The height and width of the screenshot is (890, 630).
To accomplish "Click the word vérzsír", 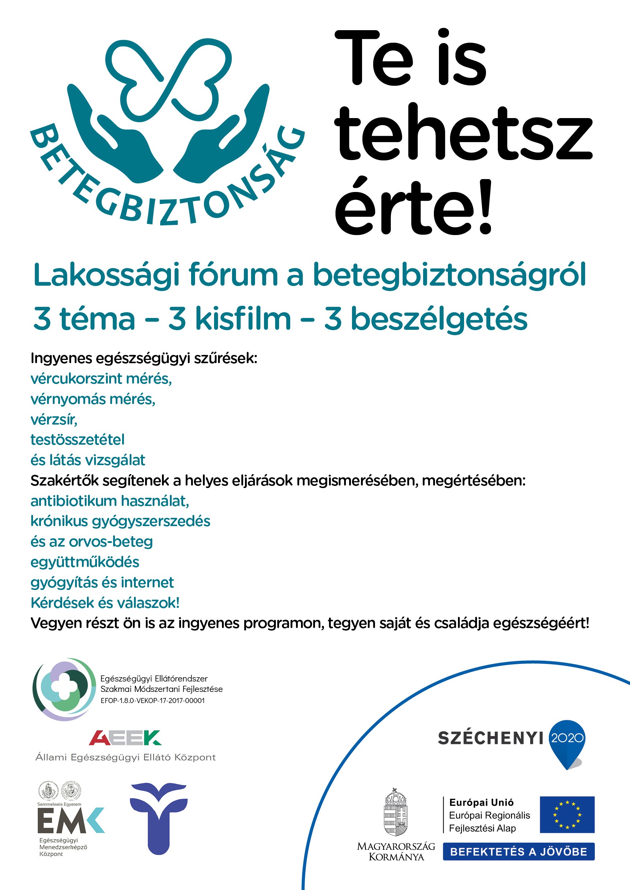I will pyautogui.click(x=54, y=420).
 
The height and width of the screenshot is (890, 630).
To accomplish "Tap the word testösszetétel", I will pyautogui.click(x=78, y=440).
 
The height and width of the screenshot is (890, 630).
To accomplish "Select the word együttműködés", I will pyautogui.click(x=84, y=562).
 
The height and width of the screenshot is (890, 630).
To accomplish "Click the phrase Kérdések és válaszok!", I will pyautogui.click(x=105, y=603).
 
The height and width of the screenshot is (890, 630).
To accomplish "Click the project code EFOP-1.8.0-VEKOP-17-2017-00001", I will pyautogui.click(x=152, y=701).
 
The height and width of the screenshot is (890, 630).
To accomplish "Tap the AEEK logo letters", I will pyautogui.click(x=125, y=738).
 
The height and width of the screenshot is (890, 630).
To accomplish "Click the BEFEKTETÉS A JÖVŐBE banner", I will pyautogui.click(x=518, y=852).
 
